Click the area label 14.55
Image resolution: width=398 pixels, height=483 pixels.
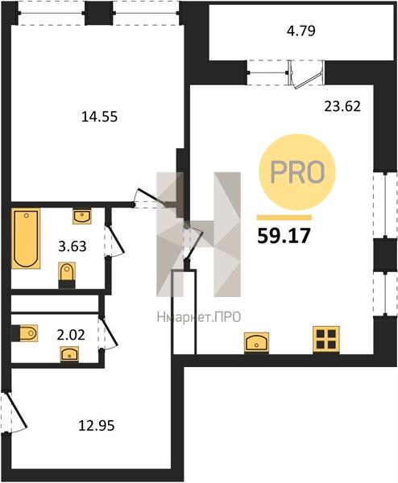click(99, 117)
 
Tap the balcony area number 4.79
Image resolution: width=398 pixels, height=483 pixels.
click(301, 31)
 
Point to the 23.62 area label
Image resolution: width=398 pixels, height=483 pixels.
click(342, 106)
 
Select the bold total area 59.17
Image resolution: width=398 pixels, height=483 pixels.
click(284, 237)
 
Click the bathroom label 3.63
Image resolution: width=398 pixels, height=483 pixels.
click(73, 246)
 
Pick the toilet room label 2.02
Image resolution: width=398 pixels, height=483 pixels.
click(71, 335)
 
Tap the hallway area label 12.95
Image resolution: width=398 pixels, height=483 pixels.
click(97, 426)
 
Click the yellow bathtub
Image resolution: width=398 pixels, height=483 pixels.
click(26, 238)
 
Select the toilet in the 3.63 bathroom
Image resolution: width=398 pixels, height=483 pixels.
click(67, 275)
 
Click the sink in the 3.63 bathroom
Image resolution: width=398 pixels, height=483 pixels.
click(82, 217)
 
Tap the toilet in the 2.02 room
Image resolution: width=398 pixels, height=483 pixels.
click(25, 333)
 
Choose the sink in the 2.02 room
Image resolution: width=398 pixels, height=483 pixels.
click(69, 354)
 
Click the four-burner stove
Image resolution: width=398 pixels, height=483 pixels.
click(326, 340)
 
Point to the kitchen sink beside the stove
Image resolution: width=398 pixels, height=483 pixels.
click(256, 343)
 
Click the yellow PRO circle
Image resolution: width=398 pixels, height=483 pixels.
click(296, 172)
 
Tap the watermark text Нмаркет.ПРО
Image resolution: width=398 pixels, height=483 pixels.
click(199, 317)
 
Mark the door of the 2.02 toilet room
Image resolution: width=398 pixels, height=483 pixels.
click(109, 333)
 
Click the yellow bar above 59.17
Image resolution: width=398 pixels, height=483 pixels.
click(284, 218)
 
